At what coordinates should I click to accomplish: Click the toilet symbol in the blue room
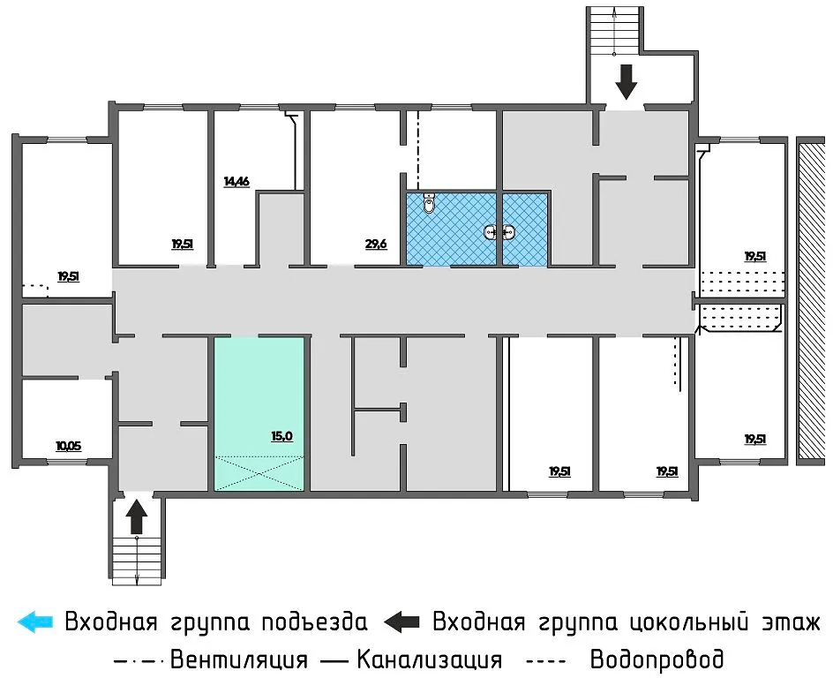(x=430, y=204)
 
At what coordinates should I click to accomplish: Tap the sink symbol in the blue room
(x=499, y=233)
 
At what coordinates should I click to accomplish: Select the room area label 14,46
(x=236, y=182)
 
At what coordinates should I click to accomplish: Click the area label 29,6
(x=376, y=244)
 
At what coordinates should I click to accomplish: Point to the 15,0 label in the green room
(x=281, y=435)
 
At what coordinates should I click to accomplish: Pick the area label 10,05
(x=68, y=446)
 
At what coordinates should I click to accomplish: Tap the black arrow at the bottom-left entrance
(x=136, y=516)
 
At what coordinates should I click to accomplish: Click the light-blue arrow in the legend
(x=35, y=621)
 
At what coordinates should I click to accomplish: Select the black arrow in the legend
(x=402, y=621)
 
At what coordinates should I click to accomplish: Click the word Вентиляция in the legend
(x=239, y=659)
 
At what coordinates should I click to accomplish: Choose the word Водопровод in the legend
(x=657, y=659)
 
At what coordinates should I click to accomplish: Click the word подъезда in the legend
(x=315, y=621)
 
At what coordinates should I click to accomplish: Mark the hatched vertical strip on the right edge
(x=809, y=300)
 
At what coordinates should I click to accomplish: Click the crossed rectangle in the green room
(x=260, y=472)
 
